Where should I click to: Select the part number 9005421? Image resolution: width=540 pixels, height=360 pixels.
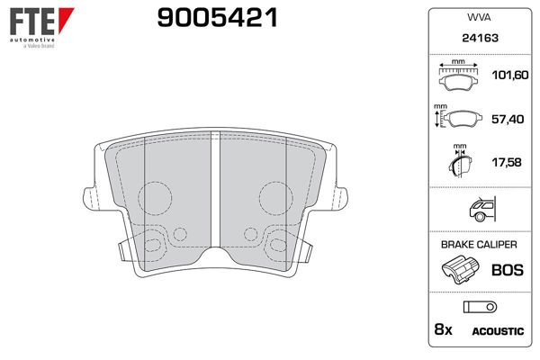click(217, 17)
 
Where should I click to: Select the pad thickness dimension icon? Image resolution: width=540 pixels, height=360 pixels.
click(459, 163)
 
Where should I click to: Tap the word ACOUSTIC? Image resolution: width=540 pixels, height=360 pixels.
click(498, 331)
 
